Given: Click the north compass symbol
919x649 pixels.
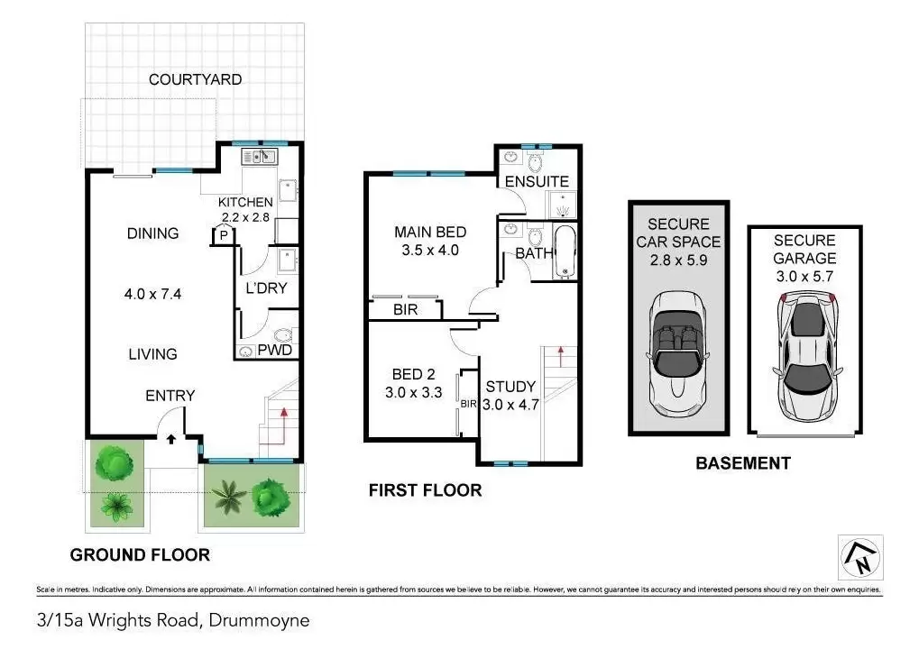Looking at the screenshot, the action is (x=860, y=557).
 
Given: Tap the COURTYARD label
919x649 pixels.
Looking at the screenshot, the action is (x=195, y=79).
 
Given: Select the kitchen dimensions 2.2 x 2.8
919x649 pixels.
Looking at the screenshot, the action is (x=245, y=217).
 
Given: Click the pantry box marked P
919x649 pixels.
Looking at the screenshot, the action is (x=224, y=236).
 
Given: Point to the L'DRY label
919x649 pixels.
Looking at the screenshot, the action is (x=266, y=288).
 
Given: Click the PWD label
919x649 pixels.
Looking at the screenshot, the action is (x=275, y=351).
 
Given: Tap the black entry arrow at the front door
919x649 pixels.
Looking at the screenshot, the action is (x=171, y=438).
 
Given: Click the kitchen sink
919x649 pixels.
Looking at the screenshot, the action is (x=260, y=157).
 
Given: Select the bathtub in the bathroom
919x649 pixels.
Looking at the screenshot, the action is (x=565, y=252).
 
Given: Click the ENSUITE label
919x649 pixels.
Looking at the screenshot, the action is (x=537, y=181).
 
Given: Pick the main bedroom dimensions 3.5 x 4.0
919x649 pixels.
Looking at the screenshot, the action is (x=430, y=250).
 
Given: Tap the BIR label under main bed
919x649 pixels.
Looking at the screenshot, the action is (x=406, y=309).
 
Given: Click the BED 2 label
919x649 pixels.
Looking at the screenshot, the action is (x=414, y=374).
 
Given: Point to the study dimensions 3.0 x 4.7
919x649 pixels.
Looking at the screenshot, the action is (x=510, y=404).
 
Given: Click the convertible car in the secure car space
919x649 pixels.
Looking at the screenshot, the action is (x=678, y=353).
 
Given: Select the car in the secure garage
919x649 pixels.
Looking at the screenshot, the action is (x=807, y=356).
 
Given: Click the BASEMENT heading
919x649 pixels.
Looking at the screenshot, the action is (x=743, y=463).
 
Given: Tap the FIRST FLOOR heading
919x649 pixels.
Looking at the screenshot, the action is (x=425, y=490).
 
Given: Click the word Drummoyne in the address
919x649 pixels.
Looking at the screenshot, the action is (x=259, y=620).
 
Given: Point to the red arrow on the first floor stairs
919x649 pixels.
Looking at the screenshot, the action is (x=560, y=357).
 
